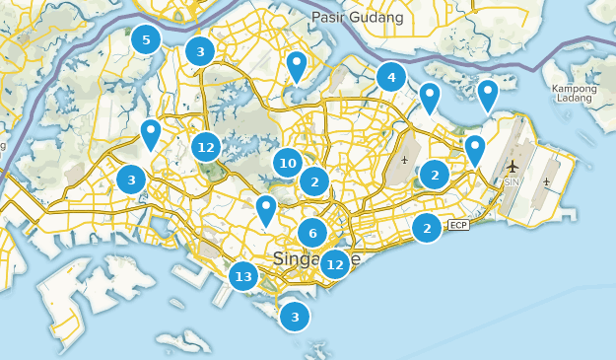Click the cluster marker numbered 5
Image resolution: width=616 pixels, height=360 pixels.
[x=146, y=40]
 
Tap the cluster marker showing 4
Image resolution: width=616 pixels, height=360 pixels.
[x=391, y=77]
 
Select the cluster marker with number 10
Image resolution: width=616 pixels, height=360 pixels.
[x=287, y=164]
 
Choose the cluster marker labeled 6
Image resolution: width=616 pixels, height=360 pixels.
[x=312, y=233]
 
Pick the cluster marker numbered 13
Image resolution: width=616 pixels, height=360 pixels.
[x=243, y=276]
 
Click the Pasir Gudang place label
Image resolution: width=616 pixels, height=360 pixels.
[x=357, y=18]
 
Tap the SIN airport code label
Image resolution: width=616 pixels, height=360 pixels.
[x=511, y=182]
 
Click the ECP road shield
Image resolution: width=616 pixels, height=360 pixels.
[x=458, y=226]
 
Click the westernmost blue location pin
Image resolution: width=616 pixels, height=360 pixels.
[x=151, y=133]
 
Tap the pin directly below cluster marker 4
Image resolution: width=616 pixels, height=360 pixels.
[x=429, y=97]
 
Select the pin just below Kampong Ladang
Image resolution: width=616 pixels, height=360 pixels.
[x=487, y=95]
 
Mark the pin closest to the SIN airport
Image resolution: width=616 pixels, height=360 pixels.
[x=475, y=150]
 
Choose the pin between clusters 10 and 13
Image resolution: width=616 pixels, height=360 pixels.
[x=266, y=209]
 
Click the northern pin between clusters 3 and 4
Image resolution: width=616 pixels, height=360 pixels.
[x=296, y=66]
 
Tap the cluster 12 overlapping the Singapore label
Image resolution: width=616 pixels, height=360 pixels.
[x=335, y=263]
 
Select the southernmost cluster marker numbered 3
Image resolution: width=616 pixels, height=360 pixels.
[x=294, y=317]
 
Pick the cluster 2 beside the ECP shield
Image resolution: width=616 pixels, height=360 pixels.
[x=427, y=228]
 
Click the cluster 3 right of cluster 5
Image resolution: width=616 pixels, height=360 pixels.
[x=200, y=51]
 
